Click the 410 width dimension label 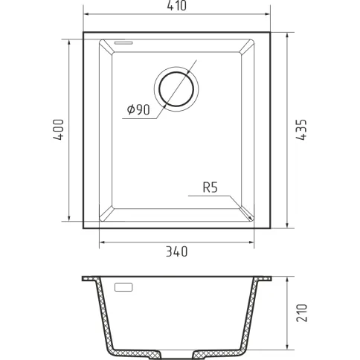click(x=176, y=6)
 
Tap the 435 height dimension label click(x=302, y=130)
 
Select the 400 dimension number click(x=59, y=129)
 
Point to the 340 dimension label click(x=176, y=251)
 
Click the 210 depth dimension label click(x=302, y=312)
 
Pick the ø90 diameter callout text click(x=138, y=109)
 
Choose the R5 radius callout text click(x=210, y=187)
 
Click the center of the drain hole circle click(x=176, y=89)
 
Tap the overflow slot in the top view click(x=123, y=43)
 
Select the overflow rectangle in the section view click(x=123, y=287)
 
